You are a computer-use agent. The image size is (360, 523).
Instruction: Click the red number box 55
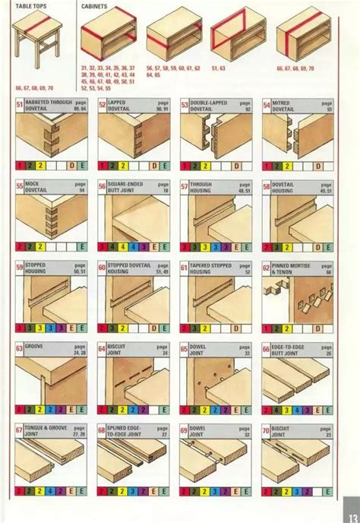click(19, 185)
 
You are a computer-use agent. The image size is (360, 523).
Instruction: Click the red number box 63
click(19, 348)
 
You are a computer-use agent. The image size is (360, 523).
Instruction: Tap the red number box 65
click(185, 348)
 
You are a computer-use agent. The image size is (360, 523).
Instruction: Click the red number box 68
click(102, 430)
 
